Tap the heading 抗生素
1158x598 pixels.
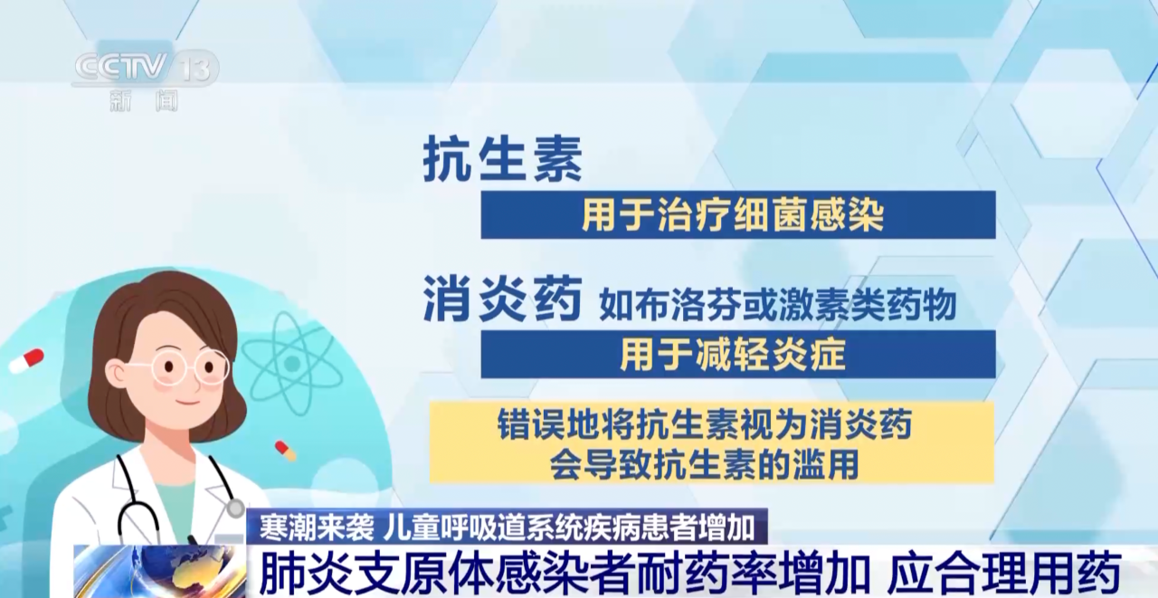click(x=502, y=160)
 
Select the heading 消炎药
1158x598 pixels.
click(x=502, y=299)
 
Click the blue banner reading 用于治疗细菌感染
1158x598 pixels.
click(x=737, y=215)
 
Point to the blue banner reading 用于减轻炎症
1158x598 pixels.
click(x=737, y=355)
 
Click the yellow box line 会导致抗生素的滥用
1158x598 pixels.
click(x=704, y=464)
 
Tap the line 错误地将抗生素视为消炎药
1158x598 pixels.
click(x=704, y=423)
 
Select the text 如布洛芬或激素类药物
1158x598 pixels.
click(x=777, y=305)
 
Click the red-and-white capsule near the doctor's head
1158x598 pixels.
click(x=26, y=360)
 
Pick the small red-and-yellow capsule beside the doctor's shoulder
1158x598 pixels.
click(x=285, y=451)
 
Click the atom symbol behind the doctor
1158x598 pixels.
click(x=292, y=364)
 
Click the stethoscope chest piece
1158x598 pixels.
click(x=235, y=508)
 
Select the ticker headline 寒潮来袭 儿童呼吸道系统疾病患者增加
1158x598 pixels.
click(x=507, y=527)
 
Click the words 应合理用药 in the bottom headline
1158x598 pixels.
click(x=1004, y=574)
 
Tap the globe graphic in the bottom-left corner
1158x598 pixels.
click(x=159, y=572)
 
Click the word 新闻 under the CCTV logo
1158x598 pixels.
click(x=144, y=100)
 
